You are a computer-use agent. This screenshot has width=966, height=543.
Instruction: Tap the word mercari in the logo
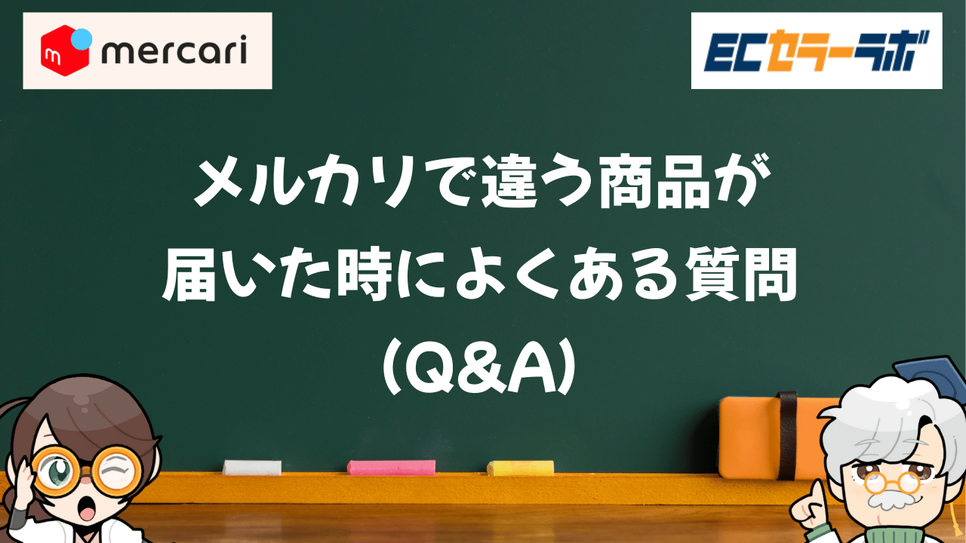click(174, 50)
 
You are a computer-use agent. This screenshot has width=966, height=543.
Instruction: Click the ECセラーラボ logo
click(817, 51)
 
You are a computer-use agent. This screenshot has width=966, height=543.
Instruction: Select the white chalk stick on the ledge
click(252, 468)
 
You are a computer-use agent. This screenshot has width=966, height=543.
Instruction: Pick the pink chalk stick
click(392, 468)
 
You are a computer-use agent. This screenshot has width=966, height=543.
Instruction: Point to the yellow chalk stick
click(521, 468)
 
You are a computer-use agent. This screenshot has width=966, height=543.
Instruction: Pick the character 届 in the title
click(189, 276)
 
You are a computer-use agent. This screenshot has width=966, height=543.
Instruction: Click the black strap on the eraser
click(787, 435)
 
